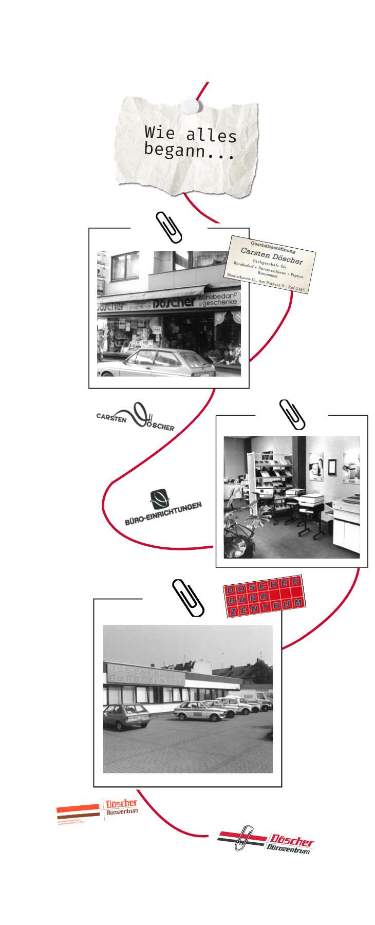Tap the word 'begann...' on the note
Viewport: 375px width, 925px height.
[x=189, y=151]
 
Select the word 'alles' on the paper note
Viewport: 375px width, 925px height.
[x=211, y=135]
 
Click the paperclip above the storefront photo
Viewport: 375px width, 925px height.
[x=169, y=227]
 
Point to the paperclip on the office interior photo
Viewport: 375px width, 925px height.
[x=292, y=414]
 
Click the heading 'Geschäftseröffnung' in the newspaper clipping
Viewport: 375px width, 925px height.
[x=273, y=247]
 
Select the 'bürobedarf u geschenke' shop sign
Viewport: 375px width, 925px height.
[x=218, y=299]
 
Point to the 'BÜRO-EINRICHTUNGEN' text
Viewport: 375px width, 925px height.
[x=163, y=513]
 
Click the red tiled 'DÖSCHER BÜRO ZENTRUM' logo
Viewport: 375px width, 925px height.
[x=265, y=596]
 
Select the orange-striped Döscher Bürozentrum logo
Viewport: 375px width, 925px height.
[x=97, y=811]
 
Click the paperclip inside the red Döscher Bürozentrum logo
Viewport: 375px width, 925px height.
[x=243, y=838]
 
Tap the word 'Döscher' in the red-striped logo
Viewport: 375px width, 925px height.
[x=291, y=841]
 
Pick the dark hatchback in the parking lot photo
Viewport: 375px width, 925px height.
[x=126, y=716]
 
